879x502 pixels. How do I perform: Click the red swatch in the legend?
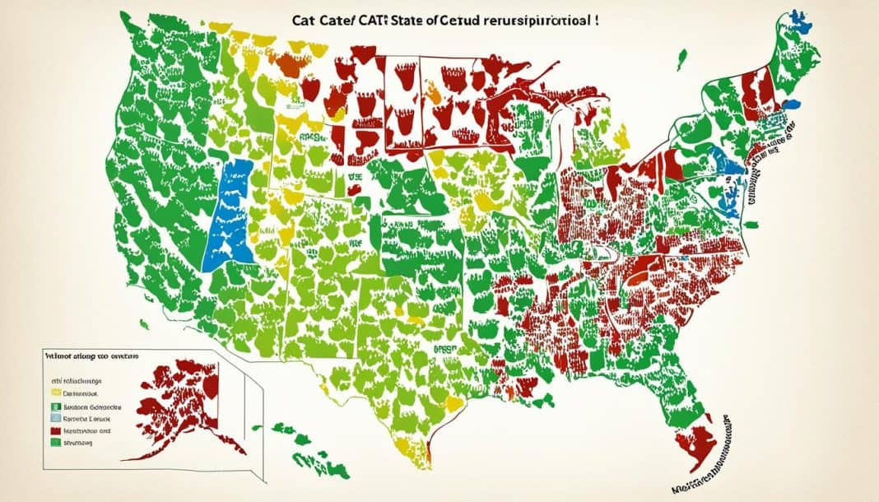(54, 429)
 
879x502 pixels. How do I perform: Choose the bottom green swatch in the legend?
(54, 443)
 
